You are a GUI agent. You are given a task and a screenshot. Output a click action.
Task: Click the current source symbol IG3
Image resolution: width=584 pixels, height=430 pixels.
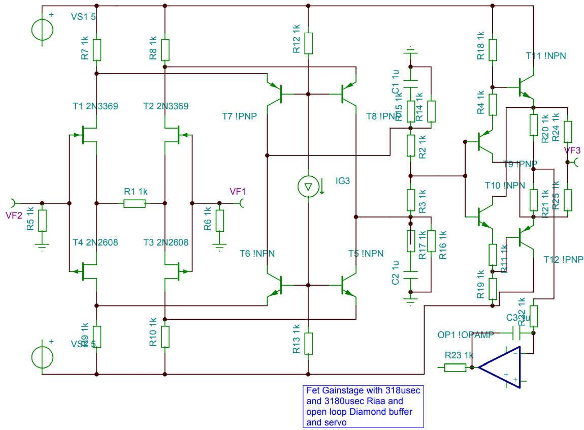click(x=308, y=186)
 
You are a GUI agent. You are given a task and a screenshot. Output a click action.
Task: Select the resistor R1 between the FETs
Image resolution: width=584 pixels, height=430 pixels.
click(x=135, y=203)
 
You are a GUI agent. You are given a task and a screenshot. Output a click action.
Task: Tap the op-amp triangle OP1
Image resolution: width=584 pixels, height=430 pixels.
click(x=501, y=367)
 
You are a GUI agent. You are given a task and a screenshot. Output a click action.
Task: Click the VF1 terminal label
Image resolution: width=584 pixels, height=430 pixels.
click(x=238, y=192)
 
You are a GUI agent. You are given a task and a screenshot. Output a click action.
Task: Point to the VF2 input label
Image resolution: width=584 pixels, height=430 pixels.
click(x=14, y=215)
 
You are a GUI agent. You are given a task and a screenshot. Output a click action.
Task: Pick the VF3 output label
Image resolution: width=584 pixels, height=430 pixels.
click(x=572, y=150)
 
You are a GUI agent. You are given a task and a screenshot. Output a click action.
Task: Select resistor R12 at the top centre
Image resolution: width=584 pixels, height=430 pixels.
click(x=308, y=43)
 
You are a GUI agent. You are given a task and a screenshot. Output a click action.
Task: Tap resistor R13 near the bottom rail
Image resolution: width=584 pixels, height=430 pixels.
click(x=308, y=344)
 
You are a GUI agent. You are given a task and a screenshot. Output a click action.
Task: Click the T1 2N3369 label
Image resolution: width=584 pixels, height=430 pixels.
click(x=95, y=106)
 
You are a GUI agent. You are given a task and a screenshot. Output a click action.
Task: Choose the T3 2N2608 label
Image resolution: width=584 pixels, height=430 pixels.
click(x=166, y=242)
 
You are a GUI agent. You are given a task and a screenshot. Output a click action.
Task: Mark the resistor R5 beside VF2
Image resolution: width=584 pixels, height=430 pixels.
click(x=42, y=220)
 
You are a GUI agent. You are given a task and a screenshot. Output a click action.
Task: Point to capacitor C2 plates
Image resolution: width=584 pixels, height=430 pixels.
click(x=410, y=279)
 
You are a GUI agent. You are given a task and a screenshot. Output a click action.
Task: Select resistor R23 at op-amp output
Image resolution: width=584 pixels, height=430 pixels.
click(x=456, y=367)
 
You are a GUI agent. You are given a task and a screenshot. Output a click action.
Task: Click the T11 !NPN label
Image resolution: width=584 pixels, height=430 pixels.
click(x=546, y=56)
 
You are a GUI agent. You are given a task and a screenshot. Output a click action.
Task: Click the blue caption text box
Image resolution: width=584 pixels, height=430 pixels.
click(x=363, y=406)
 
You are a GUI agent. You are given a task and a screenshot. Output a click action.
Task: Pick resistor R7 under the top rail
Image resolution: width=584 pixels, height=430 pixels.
click(x=96, y=50)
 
